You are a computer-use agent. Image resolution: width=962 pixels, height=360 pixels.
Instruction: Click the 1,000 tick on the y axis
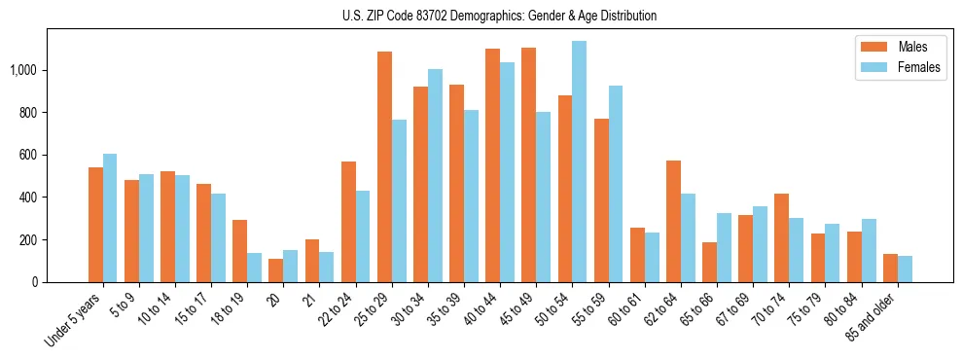(23, 70)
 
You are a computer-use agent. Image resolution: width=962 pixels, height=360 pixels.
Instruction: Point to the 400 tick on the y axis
(29, 198)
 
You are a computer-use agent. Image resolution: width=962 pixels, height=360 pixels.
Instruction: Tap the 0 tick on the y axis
(35, 282)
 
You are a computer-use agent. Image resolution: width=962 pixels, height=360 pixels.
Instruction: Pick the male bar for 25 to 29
(384, 166)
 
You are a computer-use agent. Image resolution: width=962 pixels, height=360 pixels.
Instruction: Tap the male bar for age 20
(276, 270)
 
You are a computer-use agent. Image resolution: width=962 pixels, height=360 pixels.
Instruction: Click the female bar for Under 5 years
(110, 218)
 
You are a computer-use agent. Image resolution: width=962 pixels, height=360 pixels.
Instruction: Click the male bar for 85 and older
(890, 268)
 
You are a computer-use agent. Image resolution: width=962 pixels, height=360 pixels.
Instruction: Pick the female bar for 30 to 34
(435, 175)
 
